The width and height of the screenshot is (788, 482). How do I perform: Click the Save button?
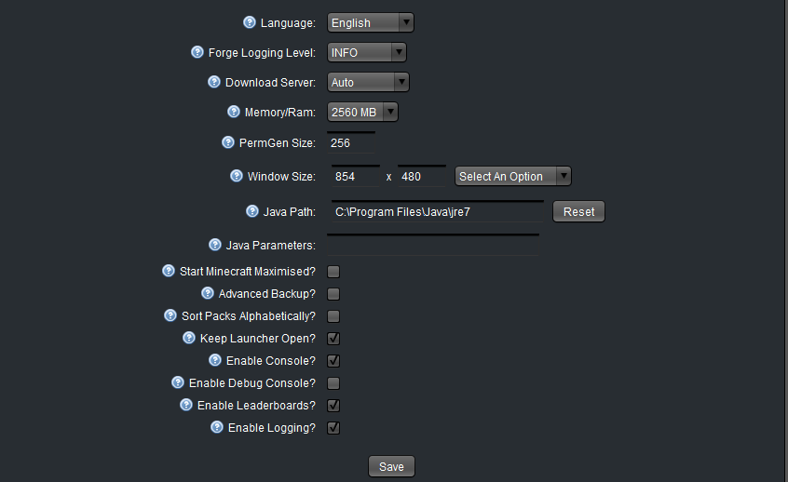[x=391, y=466]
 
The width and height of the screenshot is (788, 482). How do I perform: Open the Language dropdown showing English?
[x=371, y=22]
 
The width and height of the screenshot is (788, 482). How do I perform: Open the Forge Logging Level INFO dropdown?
[x=367, y=52]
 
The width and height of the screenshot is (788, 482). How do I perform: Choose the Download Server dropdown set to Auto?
[x=368, y=82]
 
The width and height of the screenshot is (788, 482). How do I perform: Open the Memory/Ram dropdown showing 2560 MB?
[x=362, y=112]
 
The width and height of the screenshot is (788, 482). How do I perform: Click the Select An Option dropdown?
[x=513, y=176]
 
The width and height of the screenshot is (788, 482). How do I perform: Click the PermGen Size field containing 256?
[x=351, y=142]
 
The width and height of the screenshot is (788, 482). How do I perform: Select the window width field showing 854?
[x=355, y=176]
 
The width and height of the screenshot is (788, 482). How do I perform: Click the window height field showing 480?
[x=422, y=176]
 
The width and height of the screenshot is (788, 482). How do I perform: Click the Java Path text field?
[x=437, y=211]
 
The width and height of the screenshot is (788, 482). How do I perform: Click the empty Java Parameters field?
[x=433, y=245]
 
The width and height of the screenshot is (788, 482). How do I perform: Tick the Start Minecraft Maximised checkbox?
[x=333, y=272]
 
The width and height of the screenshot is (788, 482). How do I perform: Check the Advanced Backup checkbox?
[x=333, y=294]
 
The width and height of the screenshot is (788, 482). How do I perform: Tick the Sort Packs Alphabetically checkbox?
[x=333, y=316]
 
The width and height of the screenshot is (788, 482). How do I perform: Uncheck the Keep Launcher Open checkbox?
[x=333, y=339]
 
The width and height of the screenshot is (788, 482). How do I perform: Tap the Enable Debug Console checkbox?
[x=333, y=383]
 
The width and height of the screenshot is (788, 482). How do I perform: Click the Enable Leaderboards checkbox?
[x=333, y=405]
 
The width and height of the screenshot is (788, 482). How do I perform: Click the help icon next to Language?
[x=250, y=22]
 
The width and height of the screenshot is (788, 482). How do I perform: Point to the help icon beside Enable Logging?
[x=217, y=427]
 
